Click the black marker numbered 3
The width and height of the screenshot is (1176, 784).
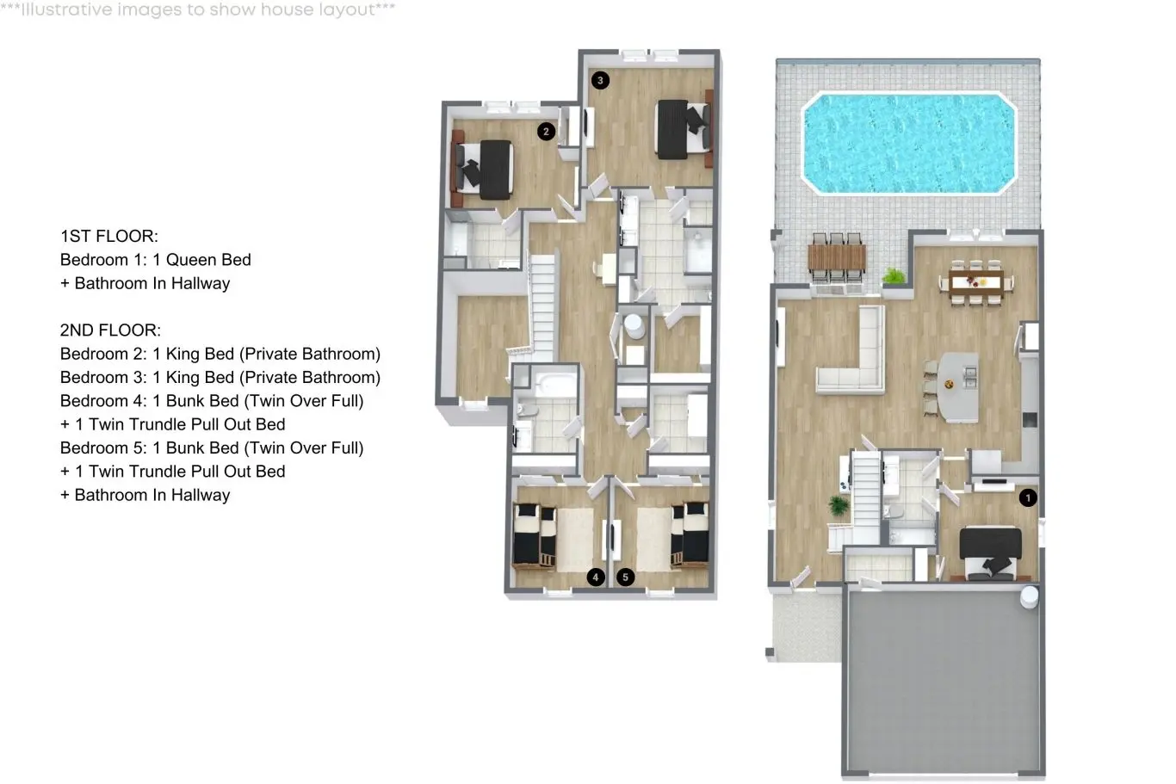[x=600, y=80]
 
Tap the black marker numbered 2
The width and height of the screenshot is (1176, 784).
[x=546, y=131]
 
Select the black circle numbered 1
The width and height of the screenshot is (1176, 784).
[x=1028, y=497]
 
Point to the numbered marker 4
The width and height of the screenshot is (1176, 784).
[x=596, y=577]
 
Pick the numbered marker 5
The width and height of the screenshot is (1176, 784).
[x=625, y=577]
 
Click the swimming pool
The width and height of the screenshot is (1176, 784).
[x=909, y=143]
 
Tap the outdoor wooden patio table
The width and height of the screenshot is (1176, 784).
[x=837, y=256]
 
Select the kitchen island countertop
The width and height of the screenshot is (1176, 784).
[x=959, y=387]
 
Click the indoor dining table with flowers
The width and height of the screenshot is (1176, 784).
[x=976, y=282]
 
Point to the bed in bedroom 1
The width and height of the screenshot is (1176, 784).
[x=990, y=554]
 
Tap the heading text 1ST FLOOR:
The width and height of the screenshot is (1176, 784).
[x=109, y=236]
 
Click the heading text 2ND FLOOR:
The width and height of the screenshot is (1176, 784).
[x=110, y=330]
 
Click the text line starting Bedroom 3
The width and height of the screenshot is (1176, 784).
[x=220, y=377]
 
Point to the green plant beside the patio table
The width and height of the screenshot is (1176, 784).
[x=894, y=276]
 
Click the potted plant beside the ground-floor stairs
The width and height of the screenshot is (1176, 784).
[x=838, y=505]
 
